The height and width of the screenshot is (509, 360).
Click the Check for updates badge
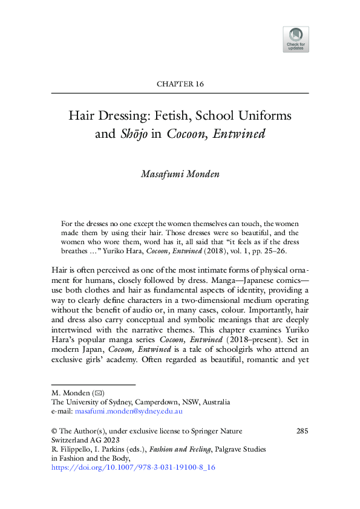coord(295,39)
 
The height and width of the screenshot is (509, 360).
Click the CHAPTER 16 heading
coord(180,84)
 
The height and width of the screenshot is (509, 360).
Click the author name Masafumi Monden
coord(180,174)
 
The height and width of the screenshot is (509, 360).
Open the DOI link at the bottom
coord(134,467)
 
